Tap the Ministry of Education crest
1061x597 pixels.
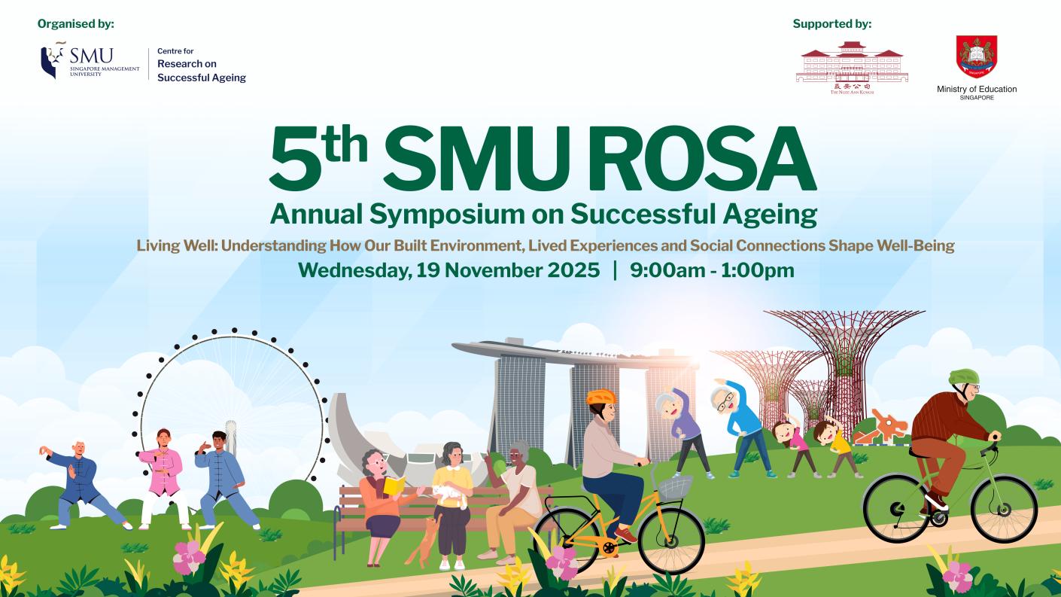(x=976, y=56)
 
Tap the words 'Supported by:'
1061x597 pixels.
(x=831, y=24)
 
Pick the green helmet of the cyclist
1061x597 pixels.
(x=962, y=376)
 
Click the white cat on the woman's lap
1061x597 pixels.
(x=448, y=493)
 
